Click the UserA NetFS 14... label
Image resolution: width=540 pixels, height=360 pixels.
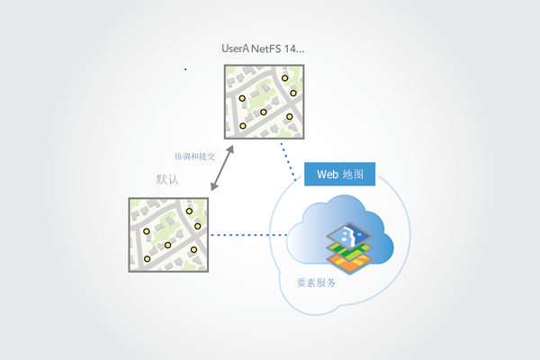coord(263,48)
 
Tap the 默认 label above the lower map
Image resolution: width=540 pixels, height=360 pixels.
coord(167,179)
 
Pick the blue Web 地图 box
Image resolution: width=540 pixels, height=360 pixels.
coord(339,174)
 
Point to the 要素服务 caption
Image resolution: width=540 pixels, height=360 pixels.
coord(316,283)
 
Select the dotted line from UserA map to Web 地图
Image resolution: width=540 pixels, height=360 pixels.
coord(289,155)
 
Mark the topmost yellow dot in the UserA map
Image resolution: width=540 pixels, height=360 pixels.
coord(285,78)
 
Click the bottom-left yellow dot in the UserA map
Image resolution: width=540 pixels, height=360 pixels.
coord(242,126)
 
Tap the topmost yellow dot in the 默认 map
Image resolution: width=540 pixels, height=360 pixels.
coord(190,212)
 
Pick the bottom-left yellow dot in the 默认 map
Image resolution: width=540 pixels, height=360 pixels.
coord(147,259)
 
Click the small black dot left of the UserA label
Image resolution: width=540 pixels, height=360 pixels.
coord(185,68)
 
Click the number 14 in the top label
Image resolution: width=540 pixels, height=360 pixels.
coord(291,48)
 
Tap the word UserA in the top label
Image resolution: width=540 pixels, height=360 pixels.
coord(236,48)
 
